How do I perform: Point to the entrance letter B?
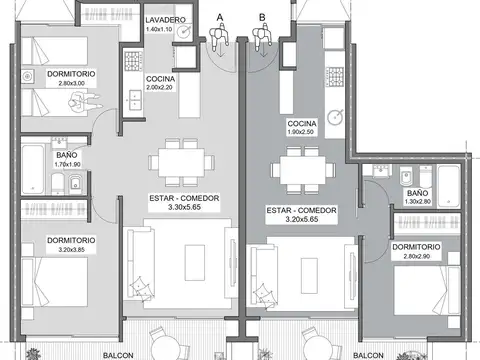point(262,17)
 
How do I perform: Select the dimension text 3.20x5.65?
point(300,218)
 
